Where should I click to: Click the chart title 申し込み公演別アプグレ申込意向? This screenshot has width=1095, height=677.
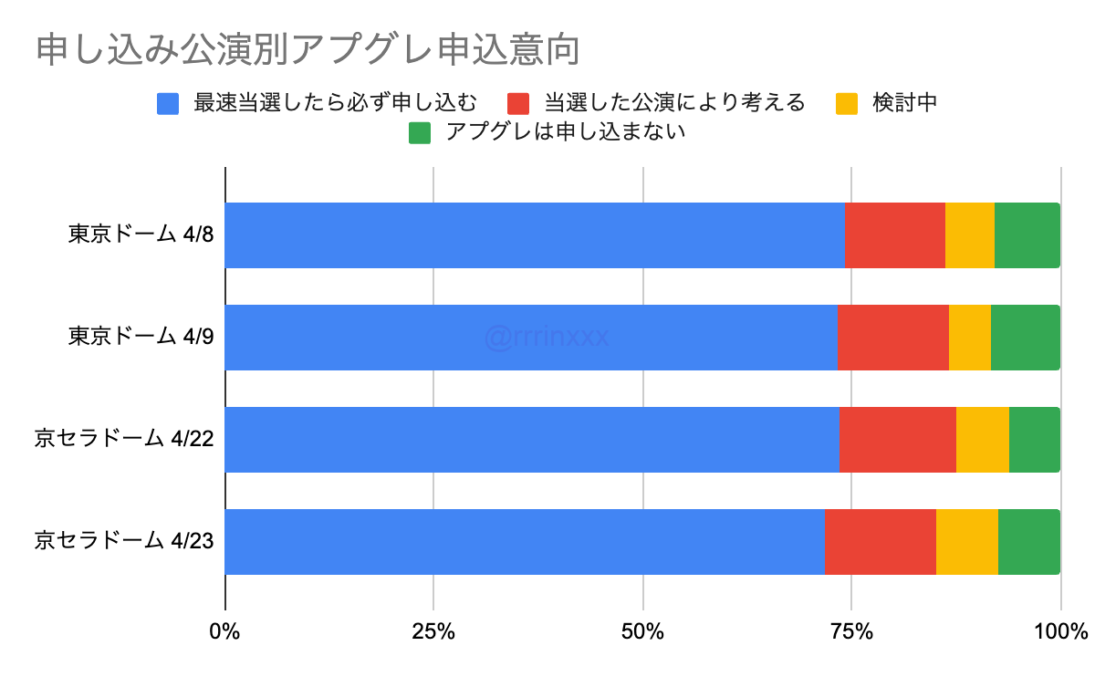coord(308,50)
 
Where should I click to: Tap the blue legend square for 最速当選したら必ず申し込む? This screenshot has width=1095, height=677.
coord(168,102)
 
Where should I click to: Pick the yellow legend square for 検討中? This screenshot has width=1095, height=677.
coord(846,102)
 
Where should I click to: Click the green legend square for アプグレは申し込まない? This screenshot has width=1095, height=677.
coord(420,132)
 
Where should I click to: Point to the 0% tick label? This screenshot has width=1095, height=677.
coord(224,631)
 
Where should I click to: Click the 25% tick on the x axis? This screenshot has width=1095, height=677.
coord(433,631)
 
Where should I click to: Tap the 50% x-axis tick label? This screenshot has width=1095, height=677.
coord(643,631)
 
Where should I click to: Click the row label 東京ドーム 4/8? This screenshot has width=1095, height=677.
coord(141,235)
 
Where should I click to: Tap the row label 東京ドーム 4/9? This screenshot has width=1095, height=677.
coord(141,338)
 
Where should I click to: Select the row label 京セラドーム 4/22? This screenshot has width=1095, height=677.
coord(124,440)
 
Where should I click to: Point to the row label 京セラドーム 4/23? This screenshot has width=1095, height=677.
coord(124,542)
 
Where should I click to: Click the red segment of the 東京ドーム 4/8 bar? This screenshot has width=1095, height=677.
coord(895,235)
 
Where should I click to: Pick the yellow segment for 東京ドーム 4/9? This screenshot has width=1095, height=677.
coord(970,338)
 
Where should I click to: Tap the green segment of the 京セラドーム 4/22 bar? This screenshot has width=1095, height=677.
coord(1035,440)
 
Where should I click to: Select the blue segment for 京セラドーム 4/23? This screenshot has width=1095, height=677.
coord(525,542)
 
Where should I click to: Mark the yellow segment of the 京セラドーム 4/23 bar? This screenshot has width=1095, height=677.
coord(967,542)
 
